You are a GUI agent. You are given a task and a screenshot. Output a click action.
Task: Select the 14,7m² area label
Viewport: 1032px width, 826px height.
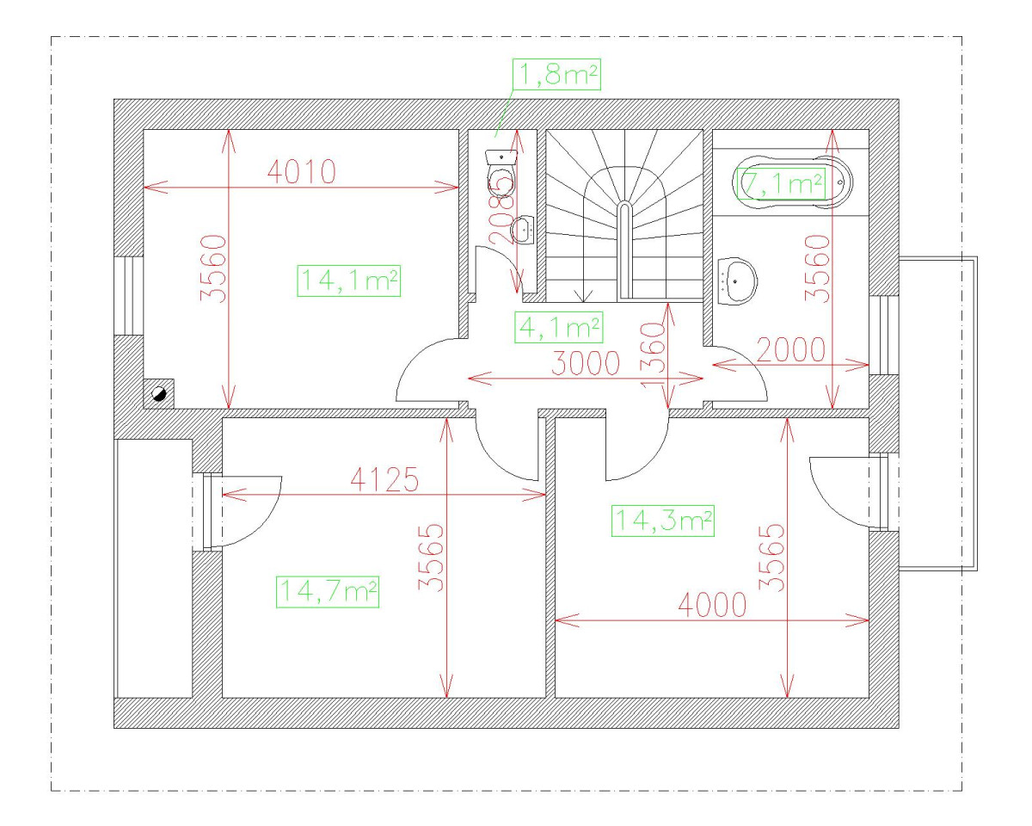point(328,591)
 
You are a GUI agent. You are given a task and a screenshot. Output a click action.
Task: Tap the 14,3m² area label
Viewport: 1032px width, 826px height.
point(663,520)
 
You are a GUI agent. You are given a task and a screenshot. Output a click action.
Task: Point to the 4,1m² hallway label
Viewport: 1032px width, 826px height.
point(558,327)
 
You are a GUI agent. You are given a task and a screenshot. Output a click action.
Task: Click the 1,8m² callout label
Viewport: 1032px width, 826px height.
point(556,76)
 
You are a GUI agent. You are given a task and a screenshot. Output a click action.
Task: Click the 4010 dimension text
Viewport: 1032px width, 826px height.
point(300,173)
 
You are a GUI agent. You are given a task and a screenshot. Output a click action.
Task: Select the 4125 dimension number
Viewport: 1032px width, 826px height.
point(384,479)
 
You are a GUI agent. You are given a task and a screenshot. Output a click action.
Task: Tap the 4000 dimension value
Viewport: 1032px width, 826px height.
point(711,605)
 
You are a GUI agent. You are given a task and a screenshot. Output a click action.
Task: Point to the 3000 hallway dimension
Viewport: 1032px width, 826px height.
point(586,364)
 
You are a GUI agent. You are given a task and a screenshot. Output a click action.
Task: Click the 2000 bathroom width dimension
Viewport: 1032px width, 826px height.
point(790,350)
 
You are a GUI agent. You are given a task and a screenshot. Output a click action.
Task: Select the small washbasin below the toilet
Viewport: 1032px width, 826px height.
point(523,230)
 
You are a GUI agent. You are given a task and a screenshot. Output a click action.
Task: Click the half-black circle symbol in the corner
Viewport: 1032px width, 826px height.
point(159,394)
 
